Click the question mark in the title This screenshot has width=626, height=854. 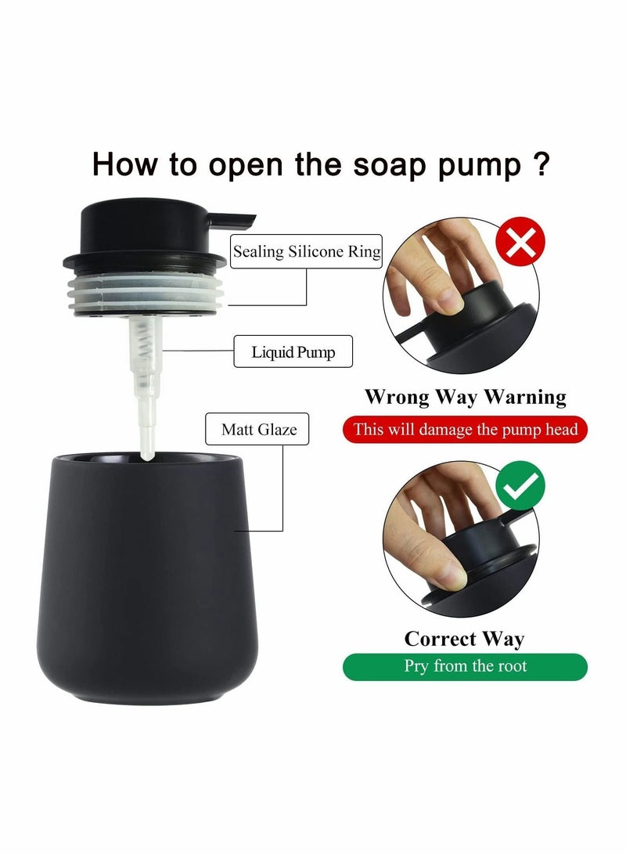(539, 165)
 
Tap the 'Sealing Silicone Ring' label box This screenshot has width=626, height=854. (307, 251)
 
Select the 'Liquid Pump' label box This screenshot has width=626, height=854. (293, 352)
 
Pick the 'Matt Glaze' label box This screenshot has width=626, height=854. (259, 430)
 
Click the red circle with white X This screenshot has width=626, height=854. (521, 243)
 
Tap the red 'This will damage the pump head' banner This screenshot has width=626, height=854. (465, 429)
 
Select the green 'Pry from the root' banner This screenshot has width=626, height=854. (465, 666)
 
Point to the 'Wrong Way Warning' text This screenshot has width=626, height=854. (465, 397)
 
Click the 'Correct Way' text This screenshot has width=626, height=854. (464, 638)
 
